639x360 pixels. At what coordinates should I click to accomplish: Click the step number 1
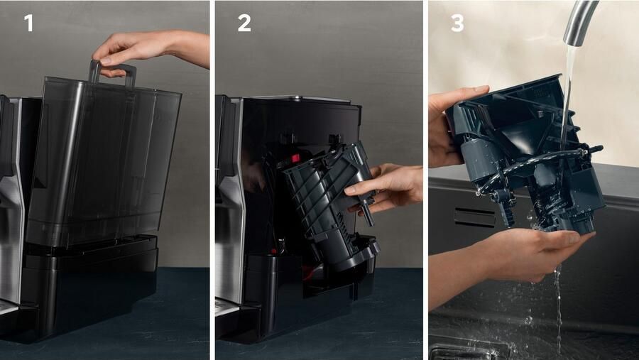[x=28, y=23]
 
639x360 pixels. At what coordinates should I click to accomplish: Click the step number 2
[x=244, y=23]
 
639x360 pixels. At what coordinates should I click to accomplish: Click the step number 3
[x=457, y=23]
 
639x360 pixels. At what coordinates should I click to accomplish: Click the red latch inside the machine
[x=294, y=158]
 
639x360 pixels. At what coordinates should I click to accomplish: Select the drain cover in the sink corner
[x=469, y=351]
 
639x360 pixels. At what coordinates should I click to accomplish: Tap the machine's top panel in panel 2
[x=302, y=99]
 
